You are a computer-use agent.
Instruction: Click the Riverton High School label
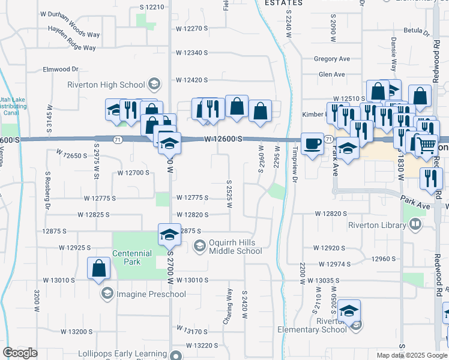coord(107,85)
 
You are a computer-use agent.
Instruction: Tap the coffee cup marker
coord(312,144)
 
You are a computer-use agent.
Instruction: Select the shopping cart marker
coord(426,145)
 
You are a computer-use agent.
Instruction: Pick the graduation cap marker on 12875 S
coord(170,234)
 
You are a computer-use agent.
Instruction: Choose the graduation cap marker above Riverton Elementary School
coord(348,311)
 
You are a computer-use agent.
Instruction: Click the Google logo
coord(20,353)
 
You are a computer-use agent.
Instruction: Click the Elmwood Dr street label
coord(61,69)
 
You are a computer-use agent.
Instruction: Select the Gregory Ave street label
coord(332,59)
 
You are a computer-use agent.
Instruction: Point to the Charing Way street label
coord(228,307)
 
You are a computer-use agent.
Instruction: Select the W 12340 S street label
coord(192,53)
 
